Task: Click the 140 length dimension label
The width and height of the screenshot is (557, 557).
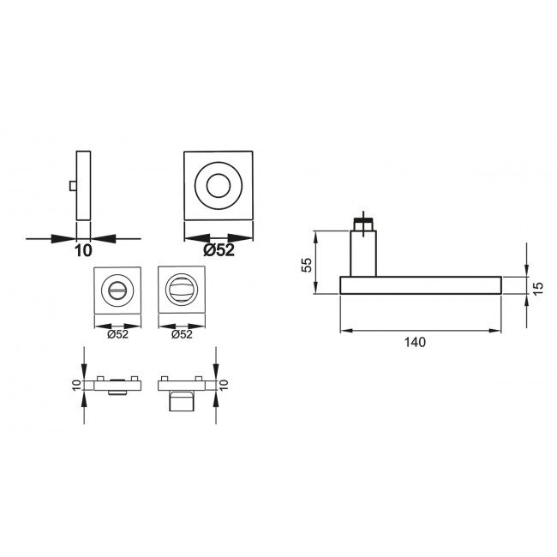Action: pos(415,342)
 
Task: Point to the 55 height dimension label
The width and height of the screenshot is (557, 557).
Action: pos(307,265)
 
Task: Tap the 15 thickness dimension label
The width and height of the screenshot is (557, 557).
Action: pos(538,288)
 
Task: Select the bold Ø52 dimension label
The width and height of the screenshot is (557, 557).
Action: pos(219,250)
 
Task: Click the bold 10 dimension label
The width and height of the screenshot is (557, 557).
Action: pos(83,251)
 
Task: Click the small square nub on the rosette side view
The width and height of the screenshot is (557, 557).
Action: pos(73,186)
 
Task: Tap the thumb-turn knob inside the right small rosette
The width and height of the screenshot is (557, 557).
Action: pos(182,290)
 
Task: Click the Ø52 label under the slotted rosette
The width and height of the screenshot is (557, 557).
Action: pos(117,334)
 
